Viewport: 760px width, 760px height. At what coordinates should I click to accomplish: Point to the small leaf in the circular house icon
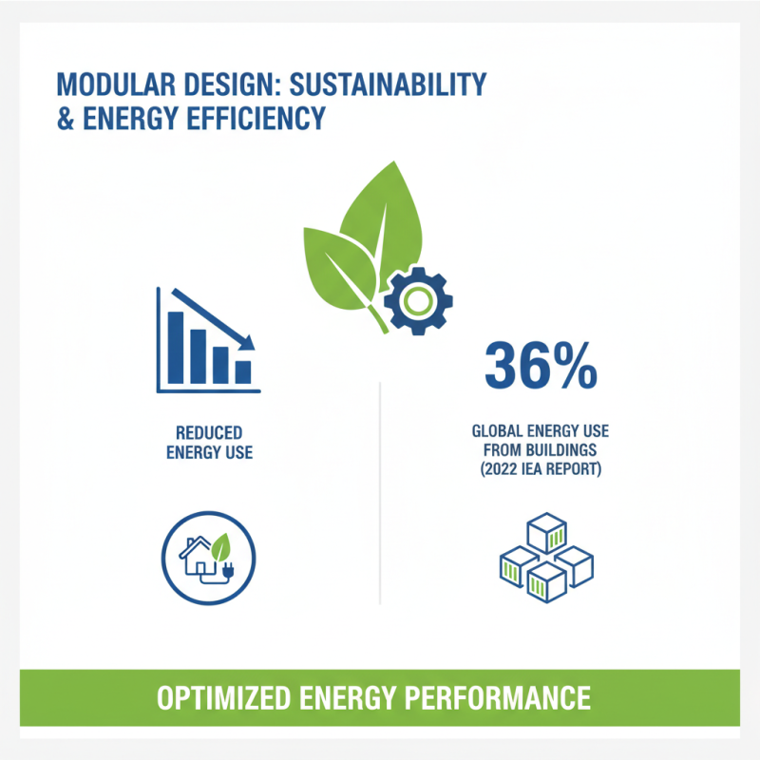[220, 546]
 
